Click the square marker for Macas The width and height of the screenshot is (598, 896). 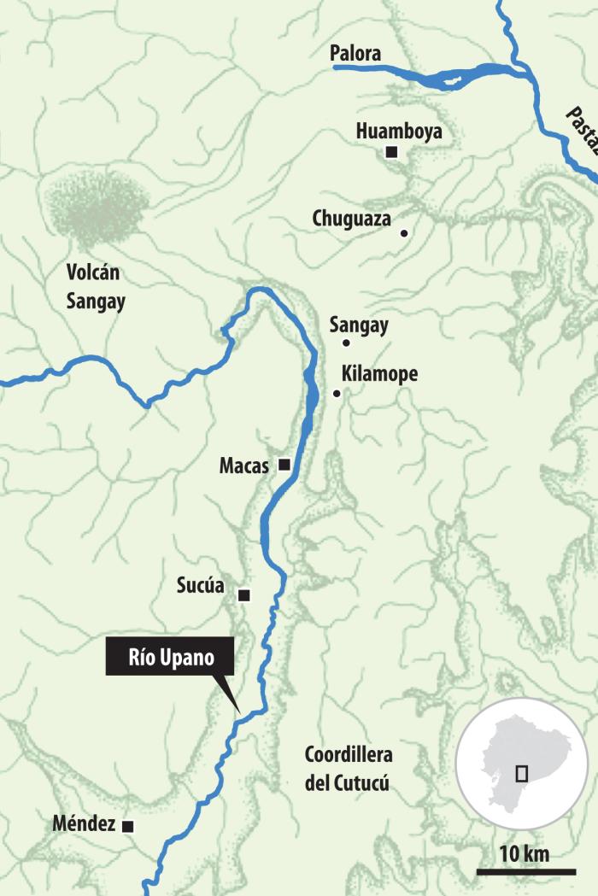point(284,465)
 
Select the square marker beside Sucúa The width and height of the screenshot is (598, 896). point(244,594)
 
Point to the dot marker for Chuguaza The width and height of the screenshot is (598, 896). point(404,232)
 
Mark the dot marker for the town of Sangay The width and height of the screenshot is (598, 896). point(346,343)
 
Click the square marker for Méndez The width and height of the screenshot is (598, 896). point(127,826)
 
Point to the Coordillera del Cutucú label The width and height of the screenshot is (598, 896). point(348,769)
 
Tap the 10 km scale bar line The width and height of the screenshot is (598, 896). point(524,871)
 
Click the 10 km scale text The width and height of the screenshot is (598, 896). point(524,853)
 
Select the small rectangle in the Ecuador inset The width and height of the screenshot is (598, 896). point(521,773)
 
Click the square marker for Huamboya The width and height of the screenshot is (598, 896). point(391,152)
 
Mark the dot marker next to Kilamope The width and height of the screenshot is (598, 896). point(337,394)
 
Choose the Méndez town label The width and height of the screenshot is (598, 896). point(83,825)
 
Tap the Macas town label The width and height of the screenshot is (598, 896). point(243,466)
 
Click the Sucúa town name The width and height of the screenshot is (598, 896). point(200,586)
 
